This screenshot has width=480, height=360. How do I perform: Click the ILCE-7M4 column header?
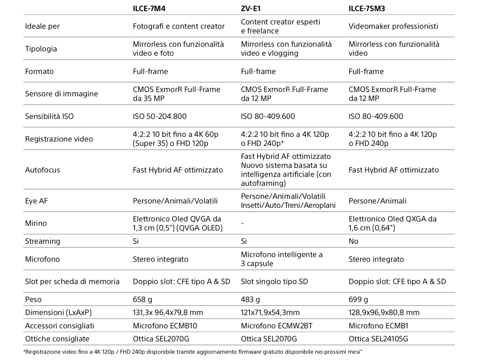(149, 9)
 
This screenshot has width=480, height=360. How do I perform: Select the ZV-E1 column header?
(251, 9)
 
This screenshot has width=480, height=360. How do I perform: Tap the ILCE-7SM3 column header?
(367, 9)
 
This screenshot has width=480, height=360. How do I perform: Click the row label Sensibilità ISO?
(49, 116)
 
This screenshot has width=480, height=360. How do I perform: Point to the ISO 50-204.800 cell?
(160, 116)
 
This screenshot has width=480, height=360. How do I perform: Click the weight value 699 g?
(358, 300)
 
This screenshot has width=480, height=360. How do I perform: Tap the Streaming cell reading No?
(353, 241)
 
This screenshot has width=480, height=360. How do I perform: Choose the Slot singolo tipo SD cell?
(274, 281)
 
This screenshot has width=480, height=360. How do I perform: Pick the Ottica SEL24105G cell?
(378, 339)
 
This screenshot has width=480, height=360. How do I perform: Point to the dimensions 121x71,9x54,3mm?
(270, 312)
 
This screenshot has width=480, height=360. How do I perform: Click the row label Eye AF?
(36, 201)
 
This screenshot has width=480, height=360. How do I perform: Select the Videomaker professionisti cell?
(393, 26)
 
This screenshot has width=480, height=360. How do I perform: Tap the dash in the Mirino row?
(242, 223)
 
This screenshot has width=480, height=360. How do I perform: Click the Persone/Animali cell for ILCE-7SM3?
(377, 201)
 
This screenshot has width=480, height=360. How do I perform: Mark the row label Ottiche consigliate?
(57, 339)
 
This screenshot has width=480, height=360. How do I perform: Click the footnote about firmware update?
(192, 352)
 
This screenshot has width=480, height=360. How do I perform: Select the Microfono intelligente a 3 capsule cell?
(282, 259)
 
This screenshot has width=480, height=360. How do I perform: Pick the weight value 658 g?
(142, 300)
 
